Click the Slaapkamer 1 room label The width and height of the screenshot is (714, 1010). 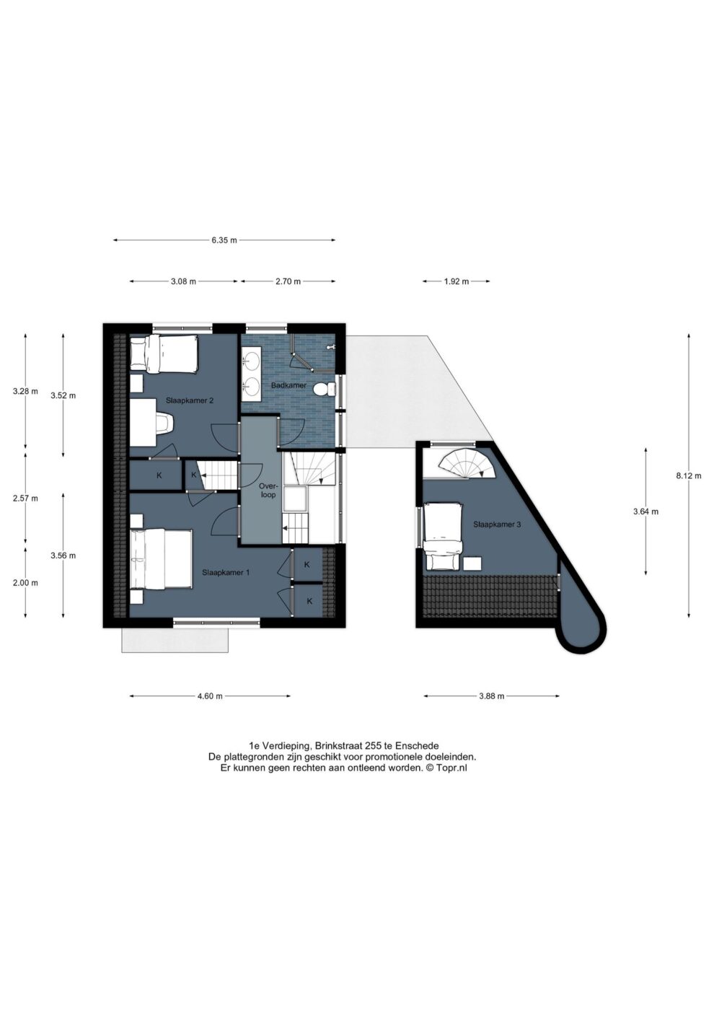click(226, 573)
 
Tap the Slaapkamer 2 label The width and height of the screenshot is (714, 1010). click(189, 400)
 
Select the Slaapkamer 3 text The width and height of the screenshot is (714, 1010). click(497, 524)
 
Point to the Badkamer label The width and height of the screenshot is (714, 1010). click(288, 385)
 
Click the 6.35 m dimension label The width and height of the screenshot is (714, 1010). click(224, 240)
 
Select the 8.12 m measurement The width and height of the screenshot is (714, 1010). click(688, 475)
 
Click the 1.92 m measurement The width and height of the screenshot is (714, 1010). click(456, 282)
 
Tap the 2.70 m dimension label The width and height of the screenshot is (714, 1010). click(288, 282)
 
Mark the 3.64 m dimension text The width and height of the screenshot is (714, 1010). click(645, 511)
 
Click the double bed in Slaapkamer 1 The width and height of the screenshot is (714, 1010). click(162, 559)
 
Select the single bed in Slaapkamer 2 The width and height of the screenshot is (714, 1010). click(164, 354)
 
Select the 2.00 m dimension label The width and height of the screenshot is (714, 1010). click(25, 583)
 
